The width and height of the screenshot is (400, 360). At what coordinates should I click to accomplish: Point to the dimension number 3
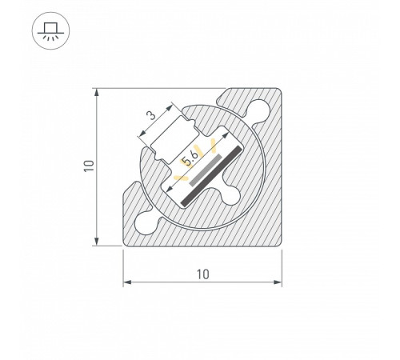coord(150,116)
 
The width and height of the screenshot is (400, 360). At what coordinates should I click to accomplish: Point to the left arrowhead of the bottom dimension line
coord(126,282)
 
